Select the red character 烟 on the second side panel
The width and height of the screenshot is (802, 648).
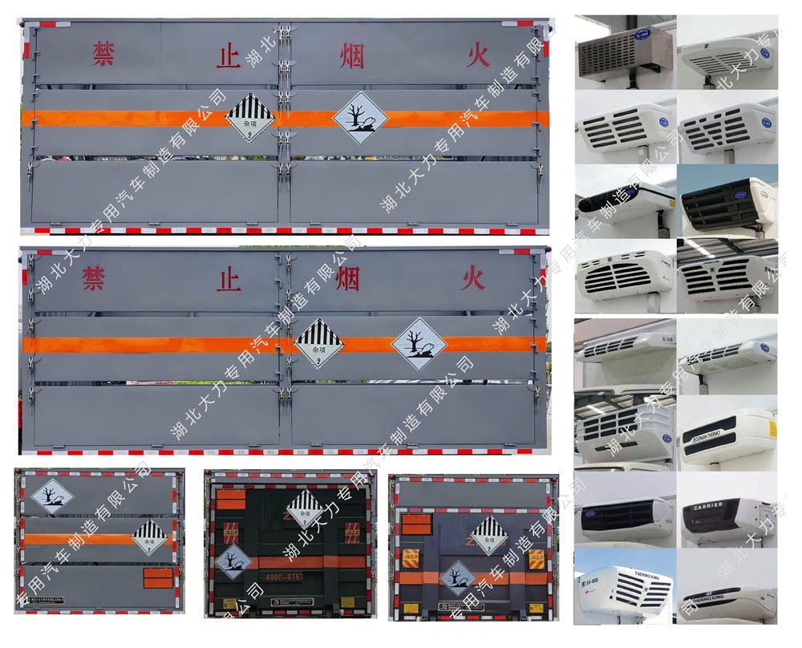(347, 279)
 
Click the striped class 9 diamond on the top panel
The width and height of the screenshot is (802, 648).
(249, 117)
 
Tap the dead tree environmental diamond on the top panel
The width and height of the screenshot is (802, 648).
(360, 118)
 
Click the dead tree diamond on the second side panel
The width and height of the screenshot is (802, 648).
(419, 343)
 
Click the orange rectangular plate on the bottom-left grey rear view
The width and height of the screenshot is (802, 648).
(157, 577)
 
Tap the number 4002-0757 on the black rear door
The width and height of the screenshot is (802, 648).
(286, 575)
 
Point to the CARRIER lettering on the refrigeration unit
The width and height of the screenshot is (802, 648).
(708, 504)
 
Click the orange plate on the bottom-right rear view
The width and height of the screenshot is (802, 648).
(416, 524)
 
